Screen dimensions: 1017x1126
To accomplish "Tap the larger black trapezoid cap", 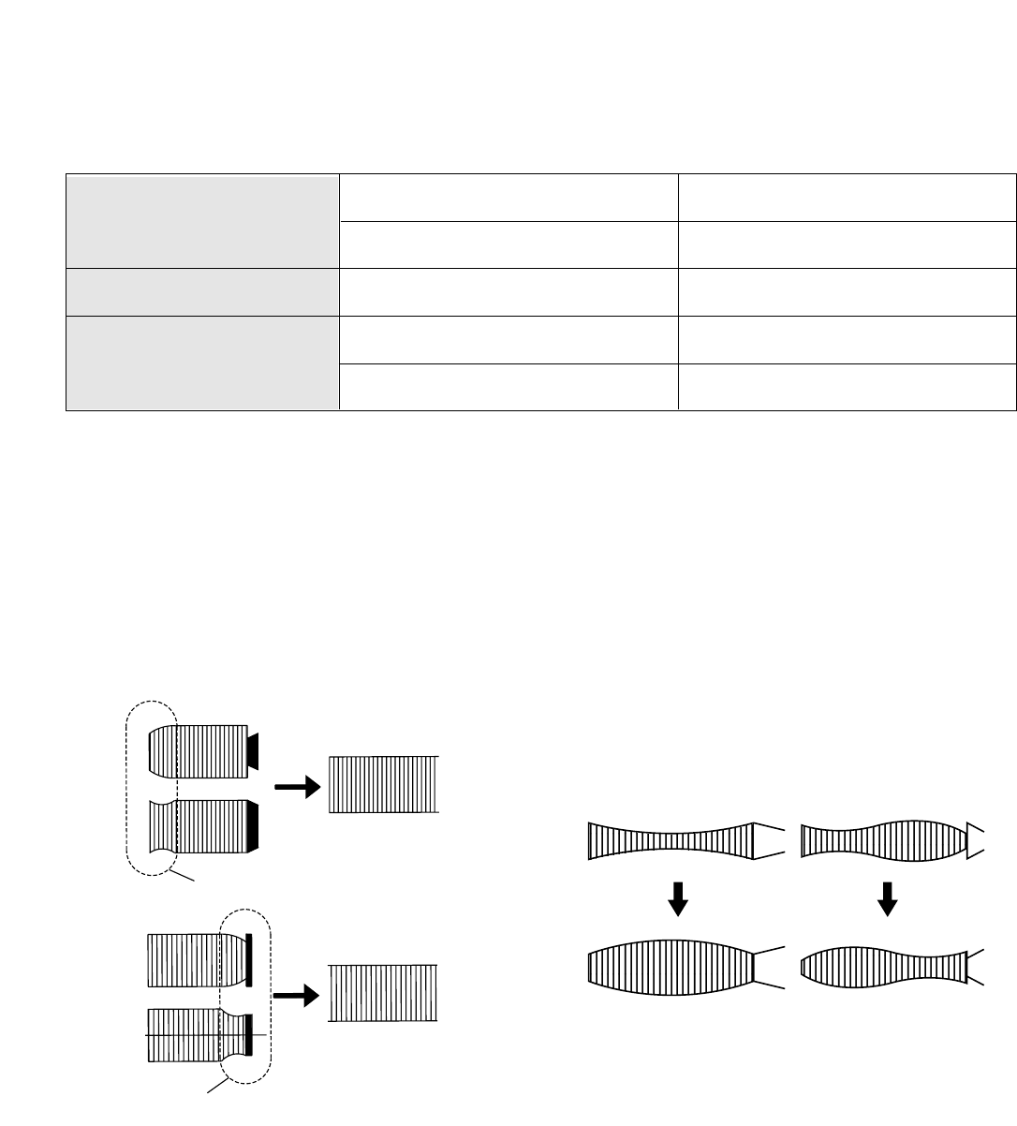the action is (x=253, y=826).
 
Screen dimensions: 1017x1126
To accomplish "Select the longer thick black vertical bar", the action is (x=249, y=960).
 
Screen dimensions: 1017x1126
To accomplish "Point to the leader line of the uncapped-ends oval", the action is (x=184, y=878).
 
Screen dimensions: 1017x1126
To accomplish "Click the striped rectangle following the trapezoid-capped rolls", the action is (x=383, y=784).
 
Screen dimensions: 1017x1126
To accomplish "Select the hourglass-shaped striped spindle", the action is (x=671, y=839).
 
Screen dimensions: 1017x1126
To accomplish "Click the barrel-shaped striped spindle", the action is (x=671, y=967).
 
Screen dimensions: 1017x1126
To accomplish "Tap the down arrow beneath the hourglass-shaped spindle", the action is (x=678, y=903).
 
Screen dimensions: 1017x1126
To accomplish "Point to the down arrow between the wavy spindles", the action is (x=888, y=903).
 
